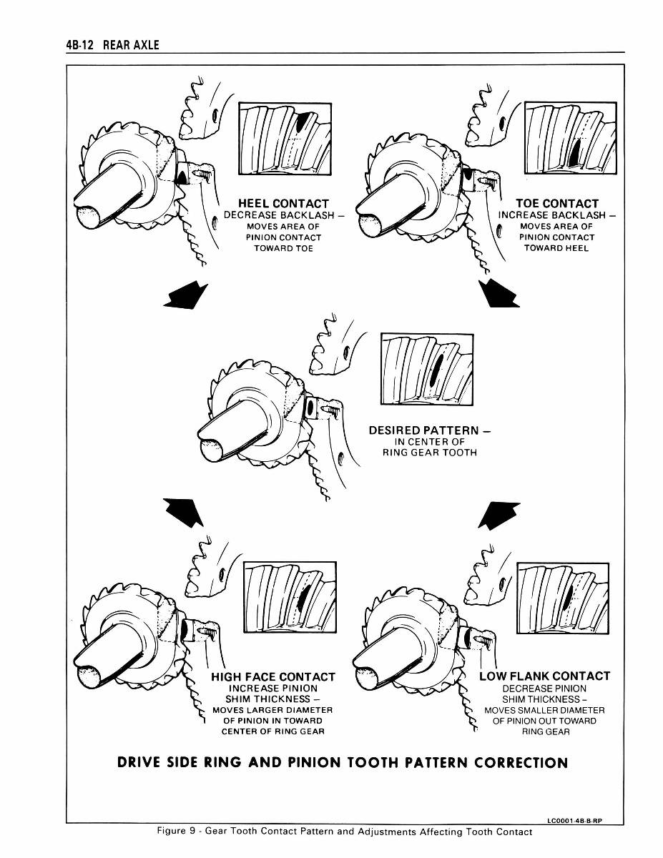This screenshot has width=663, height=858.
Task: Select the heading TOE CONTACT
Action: click(556, 204)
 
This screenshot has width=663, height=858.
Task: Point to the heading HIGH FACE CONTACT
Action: click(272, 676)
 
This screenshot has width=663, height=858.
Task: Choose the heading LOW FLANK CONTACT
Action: click(544, 676)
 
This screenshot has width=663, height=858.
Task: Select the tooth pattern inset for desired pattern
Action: click(427, 368)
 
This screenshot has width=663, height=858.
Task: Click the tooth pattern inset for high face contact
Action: click(290, 598)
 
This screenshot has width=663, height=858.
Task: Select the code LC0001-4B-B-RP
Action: click(574, 820)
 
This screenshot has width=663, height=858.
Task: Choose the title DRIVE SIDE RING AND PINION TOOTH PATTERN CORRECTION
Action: click(343, 762)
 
